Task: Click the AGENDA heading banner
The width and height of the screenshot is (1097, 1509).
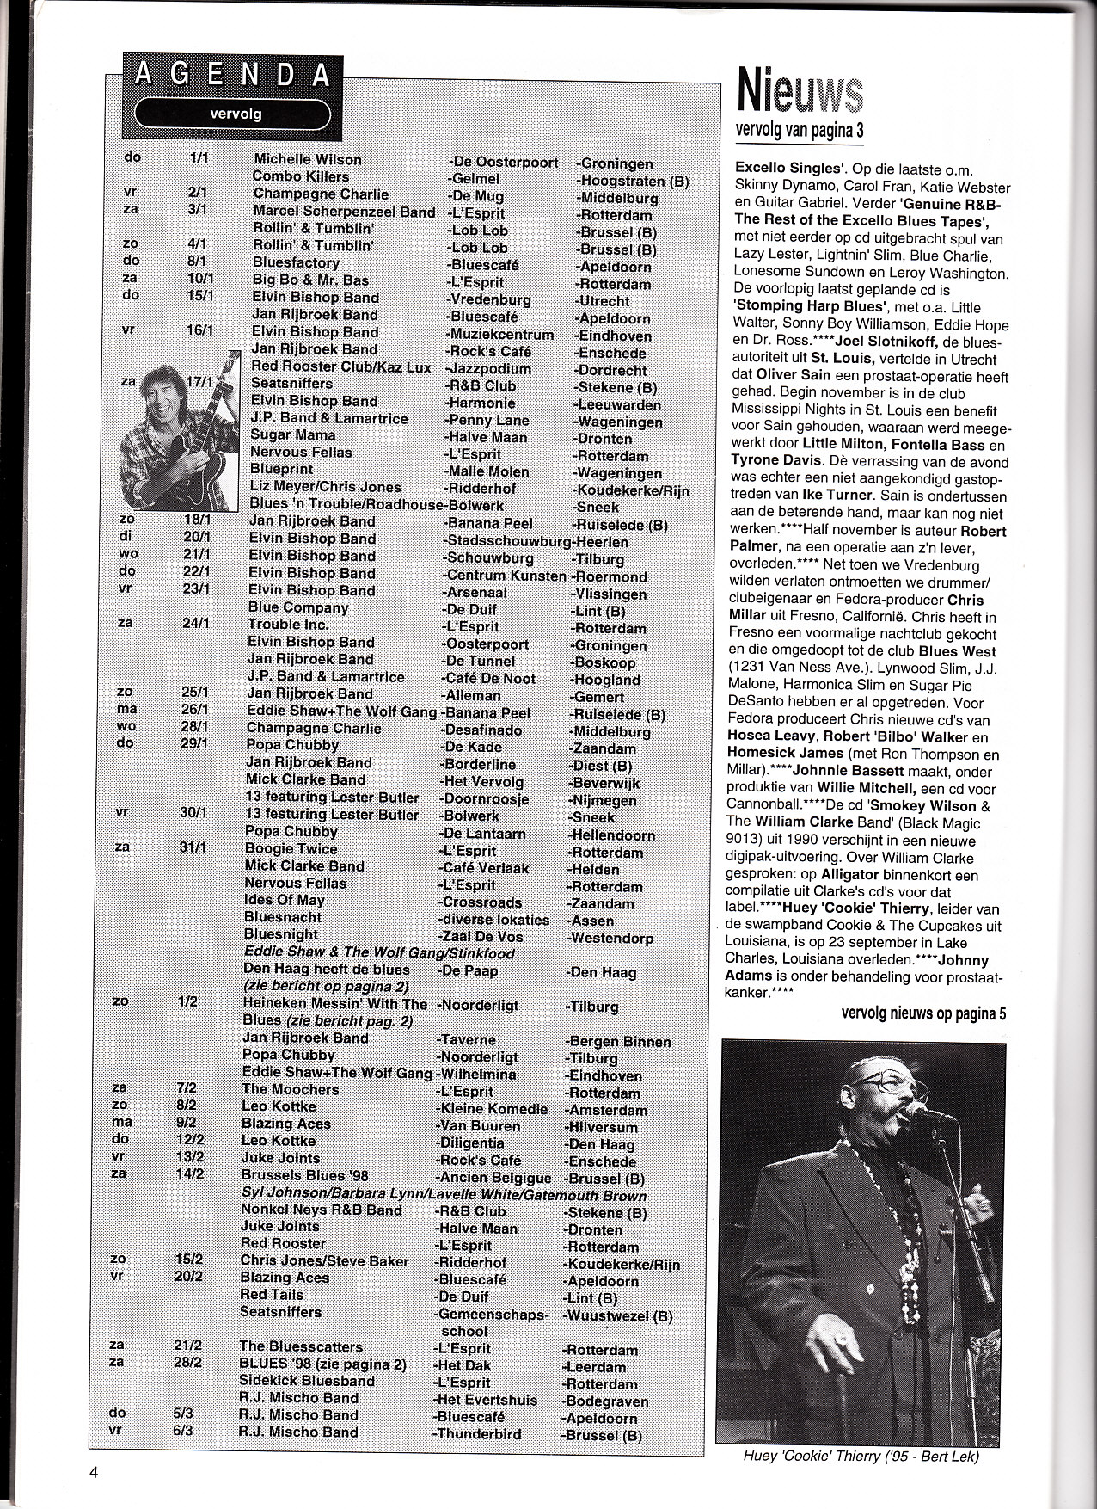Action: tap(233, 75)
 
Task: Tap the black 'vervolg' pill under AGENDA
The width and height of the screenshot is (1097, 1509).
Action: tap(235, 114)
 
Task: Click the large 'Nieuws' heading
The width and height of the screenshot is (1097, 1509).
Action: tap(799, 92)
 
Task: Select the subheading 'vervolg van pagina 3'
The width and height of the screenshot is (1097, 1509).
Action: tap(799, 130)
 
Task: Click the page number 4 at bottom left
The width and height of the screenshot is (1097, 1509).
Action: tap(93, 1471)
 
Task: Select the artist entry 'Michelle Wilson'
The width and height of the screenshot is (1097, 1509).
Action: tap(307, 160)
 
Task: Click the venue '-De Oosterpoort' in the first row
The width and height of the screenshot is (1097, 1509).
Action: tap(503, 162)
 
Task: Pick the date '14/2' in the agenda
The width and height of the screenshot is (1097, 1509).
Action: tap(190, 1175)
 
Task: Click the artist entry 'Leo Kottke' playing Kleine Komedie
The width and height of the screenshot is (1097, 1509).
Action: tap(279, 1106)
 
